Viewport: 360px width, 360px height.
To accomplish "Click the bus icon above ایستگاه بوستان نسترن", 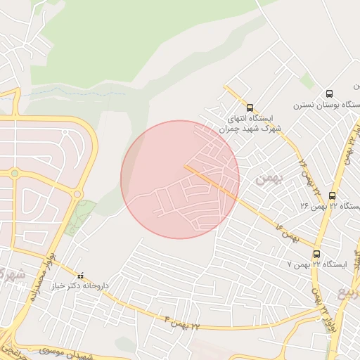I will click(x=329, y=94).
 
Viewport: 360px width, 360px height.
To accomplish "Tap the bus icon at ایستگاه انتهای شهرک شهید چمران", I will click(x=250, y=107).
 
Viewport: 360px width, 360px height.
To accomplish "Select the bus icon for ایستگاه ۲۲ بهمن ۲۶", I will click(x=332, y=195).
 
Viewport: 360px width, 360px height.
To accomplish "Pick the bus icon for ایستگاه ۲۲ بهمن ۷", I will click(x=316, y=254).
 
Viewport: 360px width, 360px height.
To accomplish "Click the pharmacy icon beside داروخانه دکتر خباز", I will click(x=81, y=276).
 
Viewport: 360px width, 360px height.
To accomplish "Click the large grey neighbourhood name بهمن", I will click(x=268, y=179).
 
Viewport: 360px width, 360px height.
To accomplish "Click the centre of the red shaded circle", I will click(x=180, y=179).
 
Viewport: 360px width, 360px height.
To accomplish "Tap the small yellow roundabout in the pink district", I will click(x=14, y=173).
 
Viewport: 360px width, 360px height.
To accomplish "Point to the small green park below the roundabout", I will click(x=82, y=216).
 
